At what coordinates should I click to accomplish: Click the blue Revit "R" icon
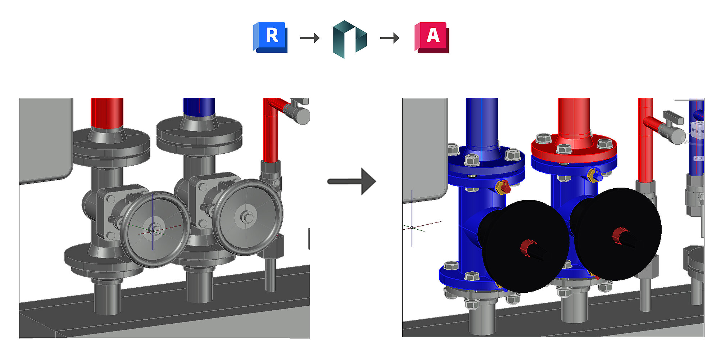[x=271, y=37]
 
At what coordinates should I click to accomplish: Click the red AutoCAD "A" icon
[x=432, y=37]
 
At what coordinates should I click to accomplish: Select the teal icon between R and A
[x=349, y=39]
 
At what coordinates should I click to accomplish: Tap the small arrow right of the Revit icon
[x=310, y=38]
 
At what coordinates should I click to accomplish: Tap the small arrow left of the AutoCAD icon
[x=390, y=38]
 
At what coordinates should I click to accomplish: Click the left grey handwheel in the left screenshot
[x=155, y=229]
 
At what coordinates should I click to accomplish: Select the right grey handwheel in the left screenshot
[x=247, y=217]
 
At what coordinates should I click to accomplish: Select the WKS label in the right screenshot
[x=698, y=158]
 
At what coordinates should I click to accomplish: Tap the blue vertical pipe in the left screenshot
[x=199, y=106]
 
